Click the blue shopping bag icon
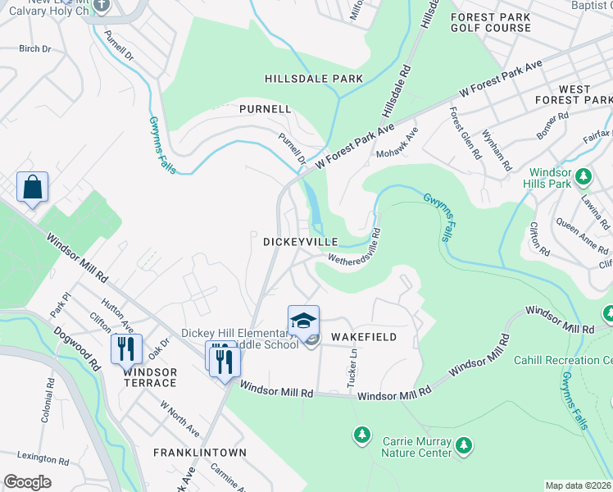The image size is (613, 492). [x=32, y=187]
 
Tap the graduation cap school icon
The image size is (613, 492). [x=303, y=321]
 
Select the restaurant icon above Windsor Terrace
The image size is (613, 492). [x=126, y=348]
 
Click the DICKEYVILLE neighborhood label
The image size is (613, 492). [x=300, y=242]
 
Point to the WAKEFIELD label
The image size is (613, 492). [x=364, y=337]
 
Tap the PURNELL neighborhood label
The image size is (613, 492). [x=265, y=108]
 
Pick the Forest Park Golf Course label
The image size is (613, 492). [x=491, y=22]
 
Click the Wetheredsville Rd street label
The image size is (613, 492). [x=355, y=247]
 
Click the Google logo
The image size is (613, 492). [x=27, y=482]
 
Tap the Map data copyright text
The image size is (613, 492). [x=577, y=485]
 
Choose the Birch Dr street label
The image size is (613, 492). [x=34, y=49]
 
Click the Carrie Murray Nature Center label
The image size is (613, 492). [x=417, y=447]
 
